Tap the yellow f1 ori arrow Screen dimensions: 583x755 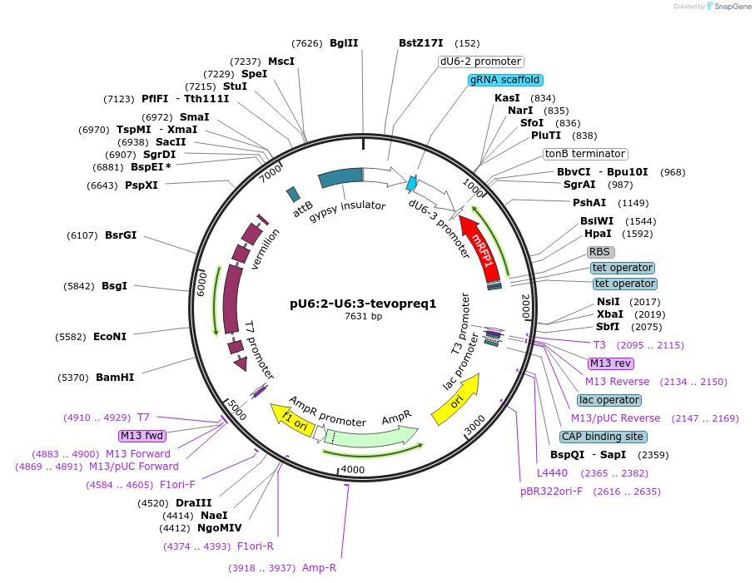click(x=289, y=415)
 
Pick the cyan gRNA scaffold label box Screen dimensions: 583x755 click(x=505, y=80)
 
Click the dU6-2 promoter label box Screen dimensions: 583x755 click(x=481, y=62)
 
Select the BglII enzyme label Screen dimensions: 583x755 click(x=344, y=43)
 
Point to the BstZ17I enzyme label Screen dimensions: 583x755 click(x=422, y=43)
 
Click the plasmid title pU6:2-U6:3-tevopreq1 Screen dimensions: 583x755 click(x=363, y=304)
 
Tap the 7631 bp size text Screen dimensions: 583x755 click(x=363, y=317)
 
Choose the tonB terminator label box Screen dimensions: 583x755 click(x=585, y=154)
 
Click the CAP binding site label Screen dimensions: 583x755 click(x=603, y=437)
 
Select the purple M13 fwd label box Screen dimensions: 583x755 click(x=142, y=436)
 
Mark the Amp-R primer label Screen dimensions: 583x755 click(x=319, y=568)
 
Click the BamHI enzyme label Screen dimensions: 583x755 click(x=115, y=377)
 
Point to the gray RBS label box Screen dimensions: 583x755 click(x=600, y=252)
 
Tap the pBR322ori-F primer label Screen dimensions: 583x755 click(x=554, y=492)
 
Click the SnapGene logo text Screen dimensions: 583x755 click(x=729, y=7)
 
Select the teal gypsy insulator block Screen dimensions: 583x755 click(x=341, y=177)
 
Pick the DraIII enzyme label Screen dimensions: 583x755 click(x=193, y=503)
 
